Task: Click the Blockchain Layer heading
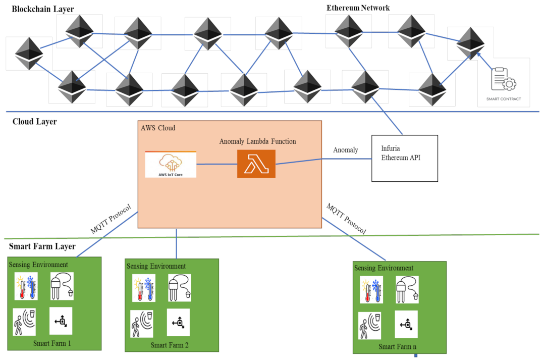point(42,9)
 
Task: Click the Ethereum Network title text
point(358,8)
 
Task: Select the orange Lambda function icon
point(256,164)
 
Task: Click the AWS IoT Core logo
point(171,164)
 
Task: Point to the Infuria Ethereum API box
point(404,158)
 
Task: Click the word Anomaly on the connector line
point(346,150)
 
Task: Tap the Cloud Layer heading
point(34,122)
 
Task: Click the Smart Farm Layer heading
point(42,246)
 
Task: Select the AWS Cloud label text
point(158,128)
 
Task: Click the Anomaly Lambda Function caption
point(257,141)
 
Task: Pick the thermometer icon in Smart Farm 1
point(25,287)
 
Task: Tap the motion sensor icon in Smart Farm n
point(370,325)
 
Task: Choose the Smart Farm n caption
point(398,347)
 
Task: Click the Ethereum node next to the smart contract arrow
point(470,43)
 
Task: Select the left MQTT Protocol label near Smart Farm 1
point(111,219)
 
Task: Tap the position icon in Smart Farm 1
point(61,321)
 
